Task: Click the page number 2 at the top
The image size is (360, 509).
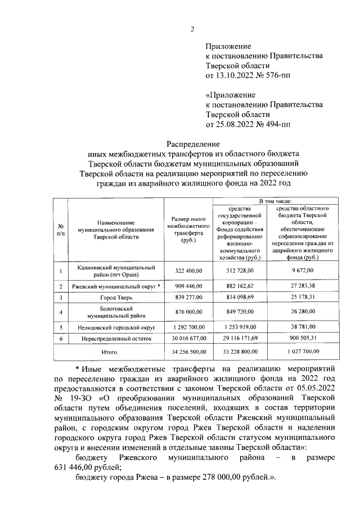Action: pos(192,29)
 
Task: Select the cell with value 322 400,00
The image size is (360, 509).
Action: pos(188,271)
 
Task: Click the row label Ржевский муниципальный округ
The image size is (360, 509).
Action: pos(114,287)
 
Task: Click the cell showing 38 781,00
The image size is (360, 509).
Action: pos(302,327)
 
